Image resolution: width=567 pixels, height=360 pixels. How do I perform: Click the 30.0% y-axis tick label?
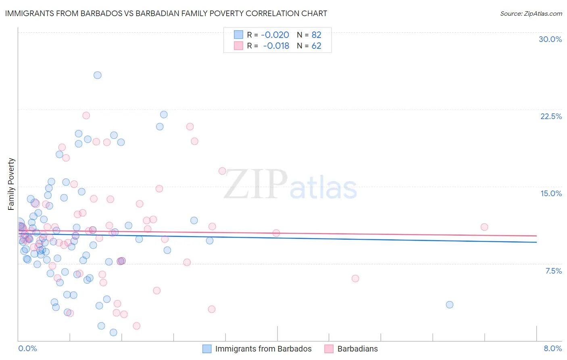[550, 39]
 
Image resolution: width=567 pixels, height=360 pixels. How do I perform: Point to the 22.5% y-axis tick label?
[551, 116]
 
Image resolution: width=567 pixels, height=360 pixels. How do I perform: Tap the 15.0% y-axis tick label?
[551, 193]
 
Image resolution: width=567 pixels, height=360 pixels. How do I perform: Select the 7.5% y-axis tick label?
[553, 271]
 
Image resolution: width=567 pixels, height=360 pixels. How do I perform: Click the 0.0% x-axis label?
[27, 348]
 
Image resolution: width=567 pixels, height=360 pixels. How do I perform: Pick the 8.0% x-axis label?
[552, 348]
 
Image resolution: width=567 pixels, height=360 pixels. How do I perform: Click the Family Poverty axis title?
[11, 184]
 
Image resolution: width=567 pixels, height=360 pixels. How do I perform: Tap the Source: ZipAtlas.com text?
[531, 13]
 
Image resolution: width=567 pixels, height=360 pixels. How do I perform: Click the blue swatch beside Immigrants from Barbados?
[207, 349]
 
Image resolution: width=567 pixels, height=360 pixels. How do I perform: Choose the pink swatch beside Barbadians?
[329, 349]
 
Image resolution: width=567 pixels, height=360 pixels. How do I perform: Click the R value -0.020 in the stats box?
[275, 35]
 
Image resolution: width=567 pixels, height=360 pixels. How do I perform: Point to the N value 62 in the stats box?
[316, 46]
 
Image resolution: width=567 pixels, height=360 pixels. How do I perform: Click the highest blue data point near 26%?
[98, 75]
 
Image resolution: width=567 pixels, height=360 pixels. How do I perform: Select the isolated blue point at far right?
[450, 305]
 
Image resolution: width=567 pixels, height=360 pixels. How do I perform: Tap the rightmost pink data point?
[484, 227]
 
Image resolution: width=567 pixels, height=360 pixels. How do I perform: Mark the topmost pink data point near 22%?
[86, 115]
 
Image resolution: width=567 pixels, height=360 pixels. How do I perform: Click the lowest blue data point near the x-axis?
[113, 332]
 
